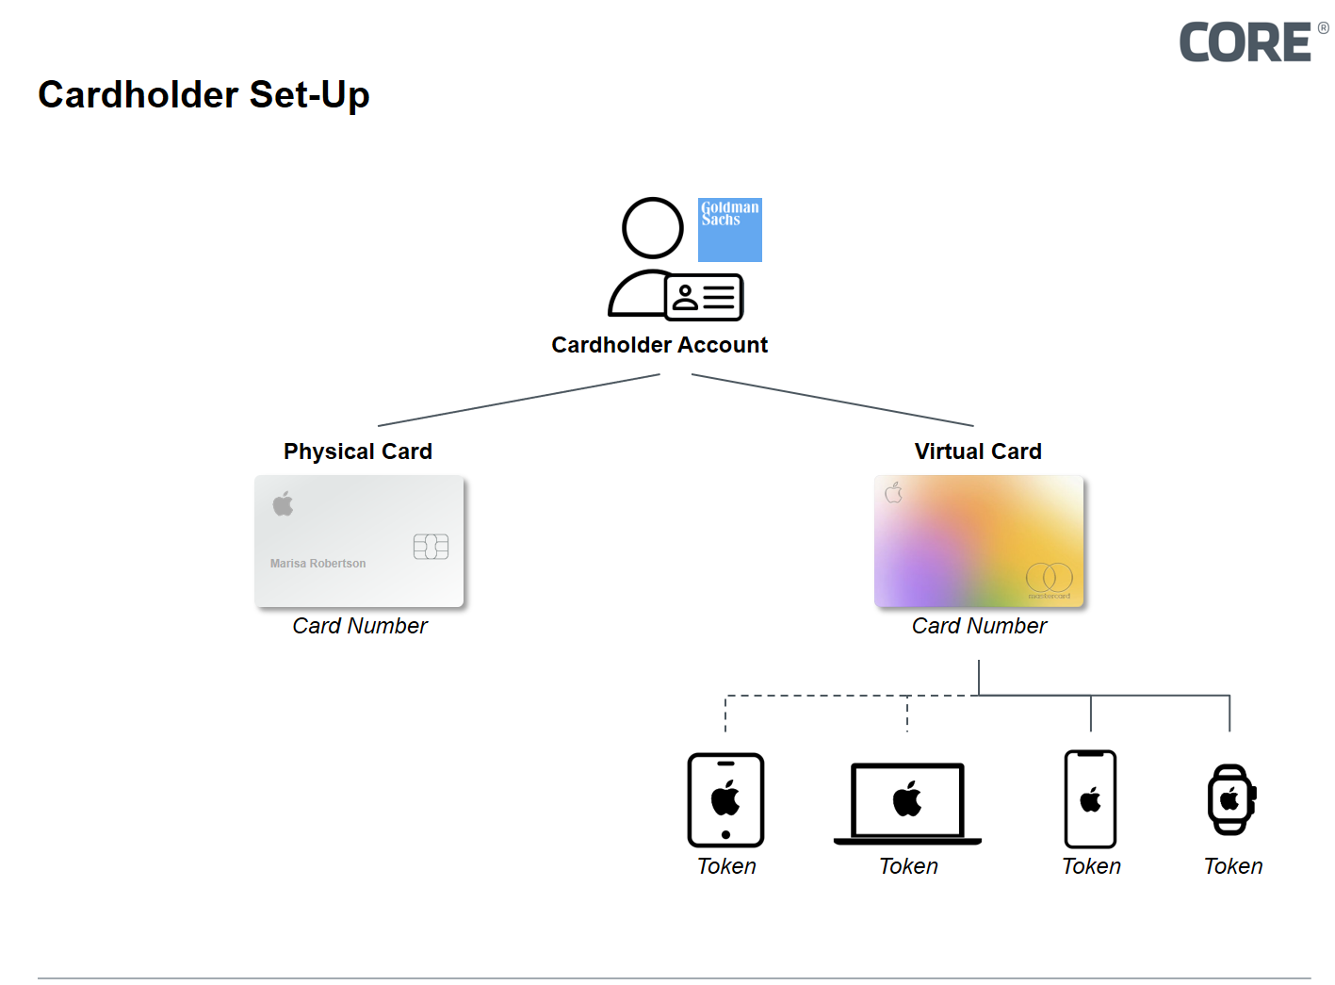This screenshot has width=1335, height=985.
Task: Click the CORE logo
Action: click(x=1246, y=42)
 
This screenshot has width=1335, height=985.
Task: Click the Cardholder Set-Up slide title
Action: click(x=204, y=95)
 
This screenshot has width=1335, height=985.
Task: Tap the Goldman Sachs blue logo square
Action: click(x=729, y=230)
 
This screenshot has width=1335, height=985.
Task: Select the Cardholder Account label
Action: click(x=659, y=345)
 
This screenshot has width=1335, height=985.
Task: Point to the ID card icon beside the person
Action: click(x=704, y=298)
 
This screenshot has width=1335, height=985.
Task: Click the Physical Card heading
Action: click(x=358, y=451)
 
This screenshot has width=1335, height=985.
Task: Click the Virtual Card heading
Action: click(x=978, y=451)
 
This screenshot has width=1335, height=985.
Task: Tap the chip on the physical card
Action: click(x=431, y=547)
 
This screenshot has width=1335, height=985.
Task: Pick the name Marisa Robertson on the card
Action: click(x=317, y=564)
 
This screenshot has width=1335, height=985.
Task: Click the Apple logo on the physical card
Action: click(x=283, y=504)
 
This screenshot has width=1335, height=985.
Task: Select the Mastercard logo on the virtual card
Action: click(x=1049, y=579)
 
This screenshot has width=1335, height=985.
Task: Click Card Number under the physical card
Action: click(x=360, y=626)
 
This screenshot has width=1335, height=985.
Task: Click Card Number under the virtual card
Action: click(x=979, y=626)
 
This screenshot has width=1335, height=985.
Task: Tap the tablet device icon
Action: click(x=725, y=800)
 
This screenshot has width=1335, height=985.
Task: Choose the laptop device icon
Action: click(x=907, y=803)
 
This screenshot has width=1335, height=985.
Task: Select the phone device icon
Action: click(x=1090, y=799)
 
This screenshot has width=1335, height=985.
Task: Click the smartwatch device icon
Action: click(x=1230, y=800)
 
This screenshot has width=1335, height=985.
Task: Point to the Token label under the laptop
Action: click(x=908, y=866)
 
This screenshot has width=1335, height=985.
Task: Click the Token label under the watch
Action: click(x=1233, y=866)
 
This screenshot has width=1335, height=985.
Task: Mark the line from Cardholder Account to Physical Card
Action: click(x=518, y=401)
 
